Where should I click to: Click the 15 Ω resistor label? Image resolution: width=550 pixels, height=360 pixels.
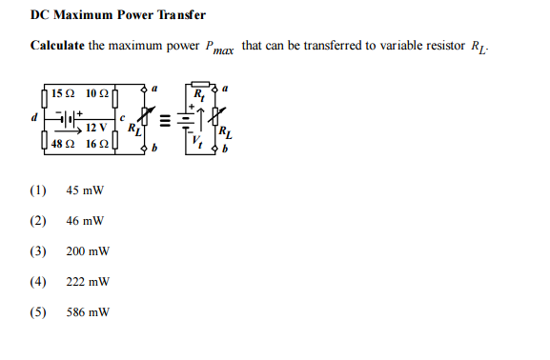tap(64, 93)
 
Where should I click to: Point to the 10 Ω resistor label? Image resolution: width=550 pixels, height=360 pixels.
tap(96, 93)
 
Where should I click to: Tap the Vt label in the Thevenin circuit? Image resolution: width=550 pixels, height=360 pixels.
tap(198, 141)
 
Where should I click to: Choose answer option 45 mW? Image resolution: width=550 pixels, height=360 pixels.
tap(85, 190)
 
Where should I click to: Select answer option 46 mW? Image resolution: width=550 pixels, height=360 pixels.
tap(85, 220)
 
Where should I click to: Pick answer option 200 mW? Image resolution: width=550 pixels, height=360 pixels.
tap(88, 251)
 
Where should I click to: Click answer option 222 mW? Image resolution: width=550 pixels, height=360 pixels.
tap(88, 282)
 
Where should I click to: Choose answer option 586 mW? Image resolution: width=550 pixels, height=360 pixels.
tap(88, 312)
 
